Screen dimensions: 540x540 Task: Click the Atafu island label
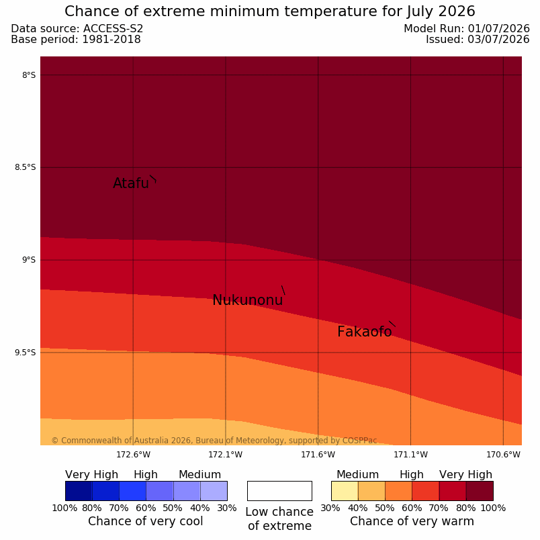pyautogui.click(x=131, y=183)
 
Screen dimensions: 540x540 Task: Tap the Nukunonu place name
pyautogui.click(x=248, y=300)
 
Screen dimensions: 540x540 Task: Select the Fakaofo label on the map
pyautogui.click(x=364, y=332)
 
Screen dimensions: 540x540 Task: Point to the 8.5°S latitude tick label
pyautogui.click(x=25, y=167)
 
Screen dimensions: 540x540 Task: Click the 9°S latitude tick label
pyautogui.click(x=29, y=260)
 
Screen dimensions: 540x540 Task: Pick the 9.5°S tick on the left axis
pyautogui.click(x=25, y=353)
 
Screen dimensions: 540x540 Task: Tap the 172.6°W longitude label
pyautogui.click(x=133, y=455)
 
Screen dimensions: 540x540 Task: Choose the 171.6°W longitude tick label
pyautogui.click(x=318, y=455)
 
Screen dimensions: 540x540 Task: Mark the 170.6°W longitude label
pyautogui.click(x=503, y=455)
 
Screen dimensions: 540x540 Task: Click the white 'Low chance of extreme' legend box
pyautogui.click(x=279, y=491)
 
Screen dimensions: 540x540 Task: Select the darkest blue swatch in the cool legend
pyautogui.click(x=79, y=491)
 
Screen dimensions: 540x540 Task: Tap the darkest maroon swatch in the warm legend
pyautogui.click(x=480, y=491)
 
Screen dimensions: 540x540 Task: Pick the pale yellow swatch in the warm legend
pyautogui.click(x=345, y=491)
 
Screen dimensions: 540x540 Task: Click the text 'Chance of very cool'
pyautogui.click(x=145, y=521)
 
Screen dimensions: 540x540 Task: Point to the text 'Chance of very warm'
pyautogui.click(x=412, y=521)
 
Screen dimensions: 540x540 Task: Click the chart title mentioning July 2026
pyautogui.click(x=270, y=11)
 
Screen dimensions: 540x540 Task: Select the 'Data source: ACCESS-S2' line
pyautogui.click(x=77, y=29)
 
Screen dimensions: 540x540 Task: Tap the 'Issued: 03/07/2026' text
pyautogui.click(x=478, y=40)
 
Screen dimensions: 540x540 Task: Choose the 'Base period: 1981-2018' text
pyautogui.click(x=76, y=40)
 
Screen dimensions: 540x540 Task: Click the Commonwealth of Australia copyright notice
pyautogui.click(x=214, y=441)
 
